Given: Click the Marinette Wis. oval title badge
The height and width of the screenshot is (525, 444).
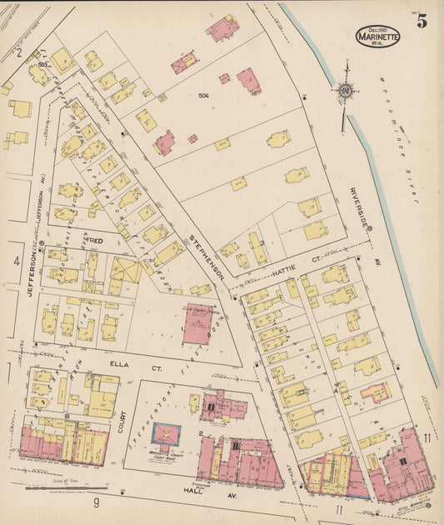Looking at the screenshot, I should click(377, 36).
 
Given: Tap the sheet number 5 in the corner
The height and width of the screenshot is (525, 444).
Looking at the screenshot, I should click(422, 22).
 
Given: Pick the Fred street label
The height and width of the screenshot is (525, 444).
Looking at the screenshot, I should click(93, 241).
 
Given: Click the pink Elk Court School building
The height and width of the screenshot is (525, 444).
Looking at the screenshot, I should click(197, 324).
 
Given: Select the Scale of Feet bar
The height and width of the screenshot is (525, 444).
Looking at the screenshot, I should click(67, 488).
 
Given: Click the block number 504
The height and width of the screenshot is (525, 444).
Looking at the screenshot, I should click(202, 96).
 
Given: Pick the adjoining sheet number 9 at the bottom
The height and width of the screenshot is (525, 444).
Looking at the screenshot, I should click(96, 502).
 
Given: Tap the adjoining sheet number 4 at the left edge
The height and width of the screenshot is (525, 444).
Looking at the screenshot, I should click(16, 261).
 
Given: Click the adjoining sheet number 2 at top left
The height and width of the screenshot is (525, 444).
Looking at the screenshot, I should click(18, 52).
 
